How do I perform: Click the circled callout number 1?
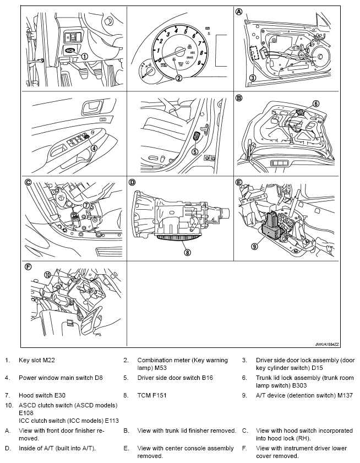pyautogui.click(x=84, y=56)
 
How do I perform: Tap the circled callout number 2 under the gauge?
pyautogui.click(x=178, y=78)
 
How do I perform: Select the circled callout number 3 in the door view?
pyautogui.click(x=252, y=78)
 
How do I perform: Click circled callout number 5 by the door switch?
pyautogui.click(x=194, y=152)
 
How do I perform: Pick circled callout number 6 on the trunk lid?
pyautogui.click(x=315, y=103)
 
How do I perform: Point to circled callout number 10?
pyautogui.click(x=47, y=274)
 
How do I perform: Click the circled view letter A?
pyautogui.click(x=239, y=11)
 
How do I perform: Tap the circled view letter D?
pyautogui.click(x=132, y=182)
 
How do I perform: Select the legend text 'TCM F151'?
pyautogui.click(x=151, y=395)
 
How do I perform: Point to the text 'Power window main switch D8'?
pyautogui.click(x=61, y=378)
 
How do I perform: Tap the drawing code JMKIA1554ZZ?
pyautogui.click(x=324, y=344)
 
